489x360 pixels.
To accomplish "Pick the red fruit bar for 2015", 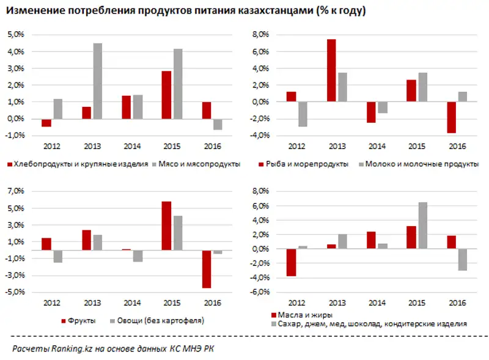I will coord(166,226).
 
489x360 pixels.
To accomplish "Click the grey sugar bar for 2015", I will coord(423,226).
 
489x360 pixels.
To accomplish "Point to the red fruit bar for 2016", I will coord(207,269).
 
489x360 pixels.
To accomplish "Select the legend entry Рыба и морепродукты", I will coord(306,164).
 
